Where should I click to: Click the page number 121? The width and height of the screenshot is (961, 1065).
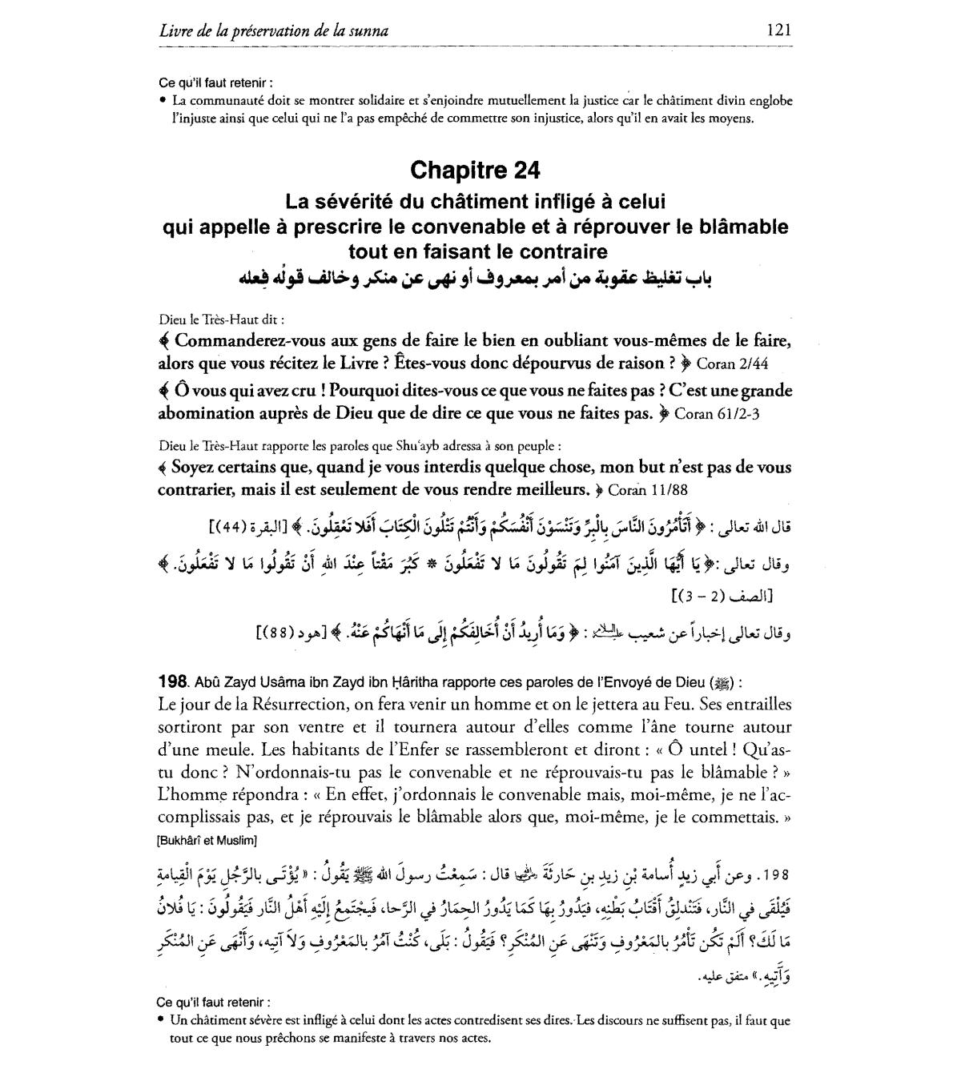(778, 30)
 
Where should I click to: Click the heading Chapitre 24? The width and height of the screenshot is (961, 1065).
(475, 170)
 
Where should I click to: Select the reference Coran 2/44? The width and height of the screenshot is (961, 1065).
(732, 364)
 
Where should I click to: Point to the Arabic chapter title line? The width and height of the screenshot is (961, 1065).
(475, 278)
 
